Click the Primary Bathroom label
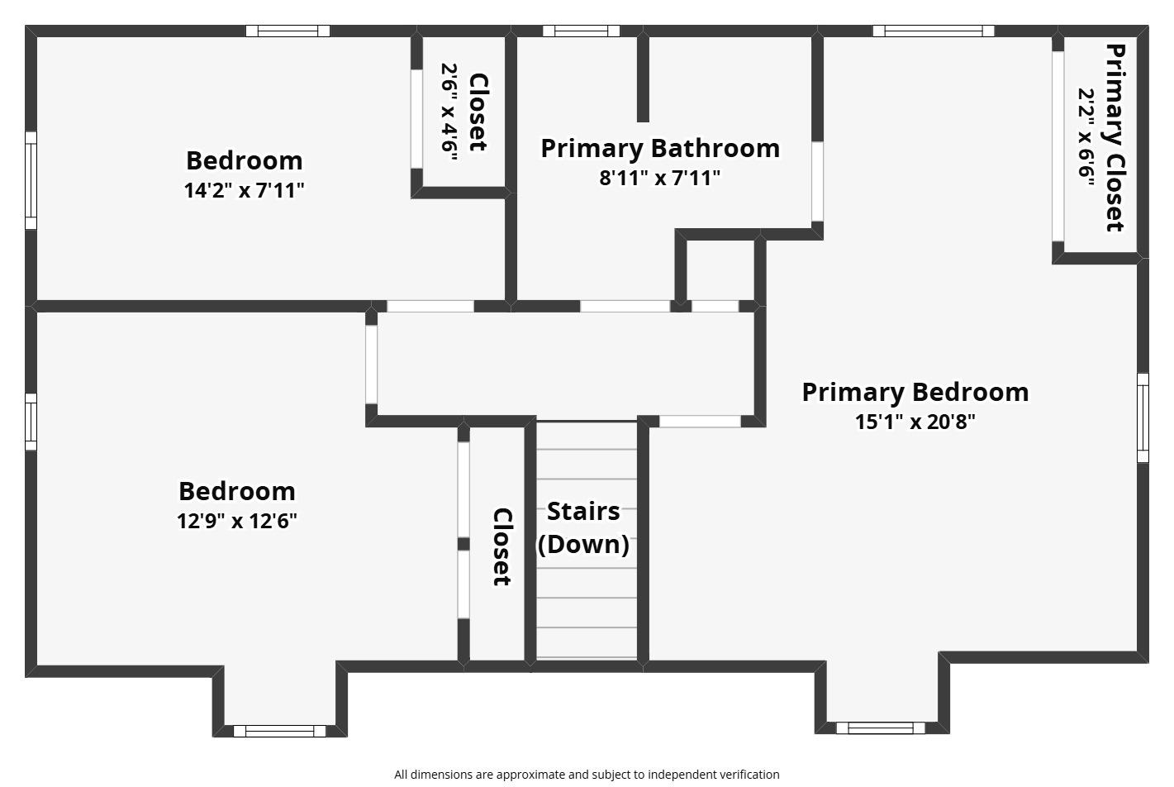(x=660, y=148)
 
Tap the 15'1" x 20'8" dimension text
(x=915, y=421)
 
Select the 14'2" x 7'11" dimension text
(x=245, y=190)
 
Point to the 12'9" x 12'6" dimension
(x=237, y=521)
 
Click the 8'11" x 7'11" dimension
(x=660, y=178)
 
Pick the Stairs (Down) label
(x=583, y=527)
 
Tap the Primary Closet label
(x=1115, y=137)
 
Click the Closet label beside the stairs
(x=502, y=546)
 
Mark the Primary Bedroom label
(x=915, y=392)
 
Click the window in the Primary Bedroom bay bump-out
(x=881, y=727)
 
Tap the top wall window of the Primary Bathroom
(x=582, y=31)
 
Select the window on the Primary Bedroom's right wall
(x=1143, y=417)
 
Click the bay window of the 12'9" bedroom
(x=279, y=731)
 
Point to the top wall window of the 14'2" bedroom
(x=288, y=31)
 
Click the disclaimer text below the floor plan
(x=587, y=775)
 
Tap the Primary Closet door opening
(x=1058, y=146)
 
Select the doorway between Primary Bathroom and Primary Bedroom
(x=817, y=181)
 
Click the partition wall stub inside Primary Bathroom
(x=643, y=79)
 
